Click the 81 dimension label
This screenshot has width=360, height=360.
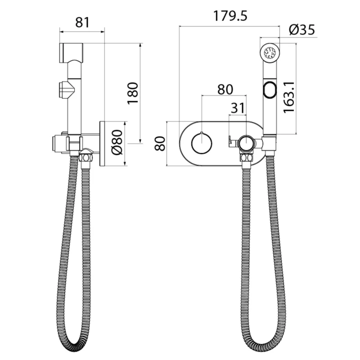pyautogui.click(x=82, y=22)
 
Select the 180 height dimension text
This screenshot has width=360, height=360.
pyautogui.click(x=133, y=93)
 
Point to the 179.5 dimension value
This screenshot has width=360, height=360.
pyautogui.click(x=230, y=16)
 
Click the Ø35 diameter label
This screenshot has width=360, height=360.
pyautogui.click(x=302, y=30)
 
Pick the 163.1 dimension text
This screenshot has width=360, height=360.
pyautogui.click(x=289, y=98)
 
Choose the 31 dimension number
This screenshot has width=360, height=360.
pyautogui.click(x=238, y=108)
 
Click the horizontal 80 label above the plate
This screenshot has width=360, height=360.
pyautogui.click(x=225, y=89)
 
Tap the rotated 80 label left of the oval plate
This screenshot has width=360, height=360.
pyautogui.click(x=160, y=144)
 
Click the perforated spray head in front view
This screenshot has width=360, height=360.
pyautogui.click(x=270, y=53)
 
